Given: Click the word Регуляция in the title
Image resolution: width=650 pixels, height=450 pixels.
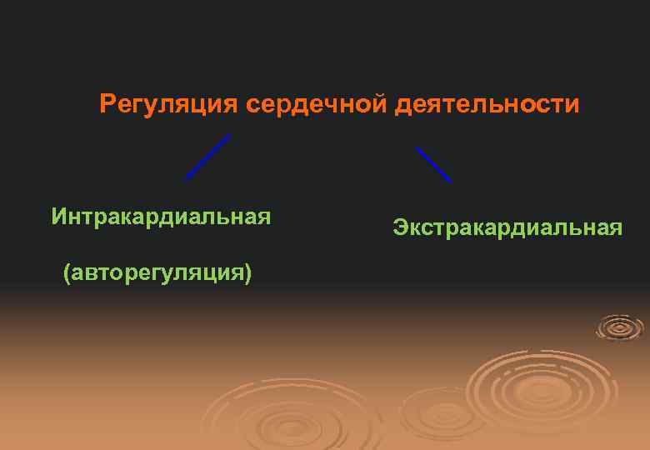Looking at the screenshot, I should (168, 105).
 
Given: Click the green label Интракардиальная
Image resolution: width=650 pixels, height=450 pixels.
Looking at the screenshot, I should (161, 217).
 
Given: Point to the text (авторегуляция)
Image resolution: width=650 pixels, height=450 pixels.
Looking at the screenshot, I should (157, 272).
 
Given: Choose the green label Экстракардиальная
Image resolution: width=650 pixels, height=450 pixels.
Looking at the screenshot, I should (507, 227).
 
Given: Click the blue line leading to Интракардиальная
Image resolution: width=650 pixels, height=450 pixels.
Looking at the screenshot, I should (207, 157).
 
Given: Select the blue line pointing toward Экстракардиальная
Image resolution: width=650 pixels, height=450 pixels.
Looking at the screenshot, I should (433, 165).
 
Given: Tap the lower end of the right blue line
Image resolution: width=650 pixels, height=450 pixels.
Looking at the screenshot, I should (450, 181).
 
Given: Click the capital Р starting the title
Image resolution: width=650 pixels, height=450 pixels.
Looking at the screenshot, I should (107, 105).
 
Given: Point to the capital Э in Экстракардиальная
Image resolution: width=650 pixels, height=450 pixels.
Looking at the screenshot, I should (400, 227).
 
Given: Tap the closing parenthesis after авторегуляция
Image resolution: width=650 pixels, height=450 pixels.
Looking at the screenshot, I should (248, 273).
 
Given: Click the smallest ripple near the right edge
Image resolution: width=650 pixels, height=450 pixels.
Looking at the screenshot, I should (620, 327).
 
